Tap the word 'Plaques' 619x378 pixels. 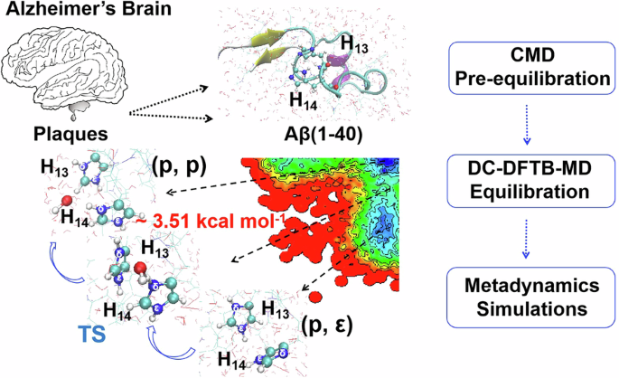tap(65, 133)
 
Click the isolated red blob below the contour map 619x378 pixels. tap(316, 296)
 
